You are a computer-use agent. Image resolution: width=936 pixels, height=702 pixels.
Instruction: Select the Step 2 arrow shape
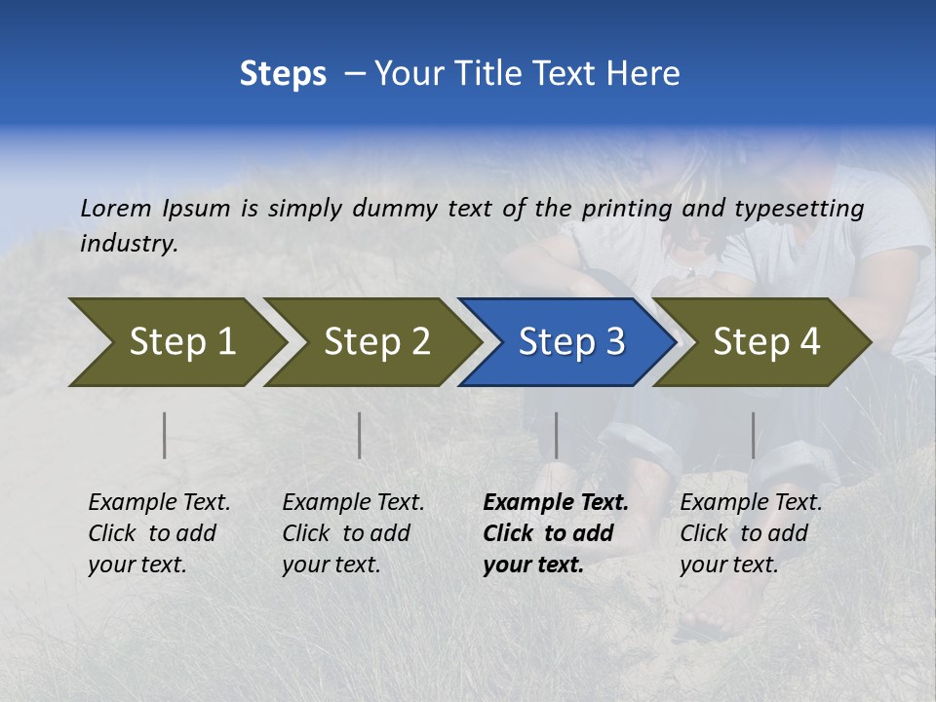(370, 342)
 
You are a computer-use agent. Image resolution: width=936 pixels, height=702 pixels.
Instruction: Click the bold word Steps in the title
(283, 74)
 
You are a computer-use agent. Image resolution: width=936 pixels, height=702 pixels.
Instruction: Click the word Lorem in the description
(115, 208)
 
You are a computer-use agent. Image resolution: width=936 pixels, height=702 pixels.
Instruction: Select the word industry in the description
(129, 244)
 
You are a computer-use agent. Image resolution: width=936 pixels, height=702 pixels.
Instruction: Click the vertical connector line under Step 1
(165, 435)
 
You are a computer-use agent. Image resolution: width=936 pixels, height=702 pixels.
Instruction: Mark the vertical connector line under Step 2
(360, 435)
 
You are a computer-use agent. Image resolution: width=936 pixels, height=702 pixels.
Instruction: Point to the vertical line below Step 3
(556, 435)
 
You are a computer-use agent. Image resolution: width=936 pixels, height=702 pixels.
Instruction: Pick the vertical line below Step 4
(753, 435)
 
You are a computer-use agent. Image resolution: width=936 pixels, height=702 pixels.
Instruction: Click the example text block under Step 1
(159, 533)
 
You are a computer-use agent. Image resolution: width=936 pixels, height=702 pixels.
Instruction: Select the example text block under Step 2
(353, 533)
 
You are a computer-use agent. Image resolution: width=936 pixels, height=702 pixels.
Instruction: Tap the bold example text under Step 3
(556, 533)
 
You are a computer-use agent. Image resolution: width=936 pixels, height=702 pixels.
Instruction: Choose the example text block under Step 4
(751, 533)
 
